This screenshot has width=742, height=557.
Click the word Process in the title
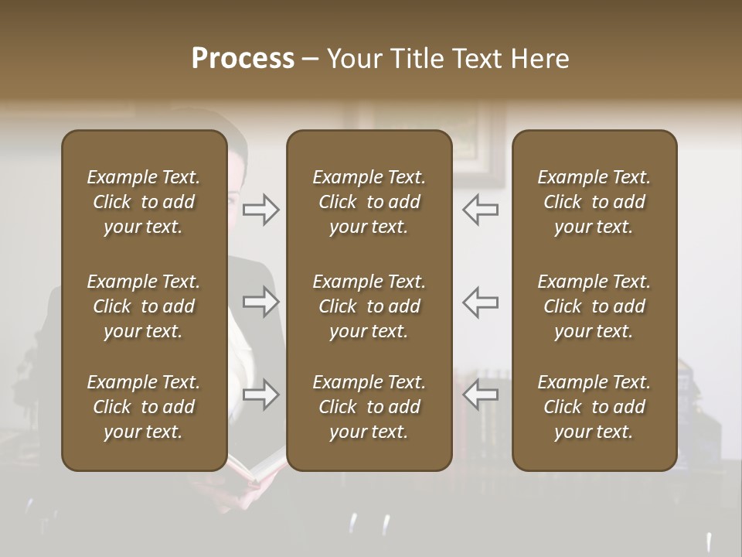(243, 59)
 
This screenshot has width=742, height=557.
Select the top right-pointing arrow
(260, 209)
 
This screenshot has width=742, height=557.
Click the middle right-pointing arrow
(260, 302)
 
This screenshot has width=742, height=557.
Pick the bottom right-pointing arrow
(260, 395)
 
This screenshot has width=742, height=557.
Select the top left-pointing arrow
(481, 209)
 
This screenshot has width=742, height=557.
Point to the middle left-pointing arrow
(481, 302)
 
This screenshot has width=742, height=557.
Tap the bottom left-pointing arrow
(481, 395)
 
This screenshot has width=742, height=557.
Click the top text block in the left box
(144, 202)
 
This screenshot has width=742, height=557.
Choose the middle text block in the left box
(144, 306)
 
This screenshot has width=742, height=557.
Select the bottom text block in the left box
(144, 407)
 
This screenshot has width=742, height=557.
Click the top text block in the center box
(369, 202)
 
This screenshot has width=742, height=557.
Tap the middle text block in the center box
(369, 306)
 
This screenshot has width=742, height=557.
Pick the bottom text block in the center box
(369, 407)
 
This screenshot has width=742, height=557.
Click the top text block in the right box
(594, 202)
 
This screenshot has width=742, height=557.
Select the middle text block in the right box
(594, 306)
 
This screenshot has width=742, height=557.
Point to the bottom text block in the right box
(594, 407)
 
